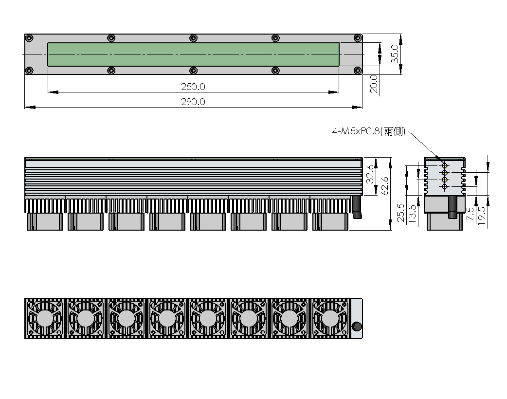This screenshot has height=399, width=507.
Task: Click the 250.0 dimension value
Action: coord(193,87)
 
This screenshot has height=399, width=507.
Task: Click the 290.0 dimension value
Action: coord(193,102)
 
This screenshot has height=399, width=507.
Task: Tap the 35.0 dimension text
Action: coord(395,54)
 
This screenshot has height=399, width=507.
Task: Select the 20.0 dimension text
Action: coord(374,84)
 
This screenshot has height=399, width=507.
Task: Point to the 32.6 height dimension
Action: coord(370,174)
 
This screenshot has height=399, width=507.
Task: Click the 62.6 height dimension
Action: coord(385,185)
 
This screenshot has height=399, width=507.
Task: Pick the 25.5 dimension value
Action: coord(400,213)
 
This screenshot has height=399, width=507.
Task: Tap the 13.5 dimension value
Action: coord(412,214)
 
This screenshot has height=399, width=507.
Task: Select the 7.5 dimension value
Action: coord(471,214)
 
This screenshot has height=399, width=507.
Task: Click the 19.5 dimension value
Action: coord(482,216)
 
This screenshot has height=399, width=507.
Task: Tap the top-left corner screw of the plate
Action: coord(29,38)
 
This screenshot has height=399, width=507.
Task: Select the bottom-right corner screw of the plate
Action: coord(357,70)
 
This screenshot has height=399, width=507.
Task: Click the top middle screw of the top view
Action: coord(193,38)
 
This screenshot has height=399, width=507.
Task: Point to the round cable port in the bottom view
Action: coord(357,326)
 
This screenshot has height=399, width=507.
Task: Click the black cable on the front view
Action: coord(357,207)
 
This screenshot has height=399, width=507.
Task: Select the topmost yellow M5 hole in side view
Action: coord(445,165)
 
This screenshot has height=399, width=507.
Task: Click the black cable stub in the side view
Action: coord(453,207)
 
